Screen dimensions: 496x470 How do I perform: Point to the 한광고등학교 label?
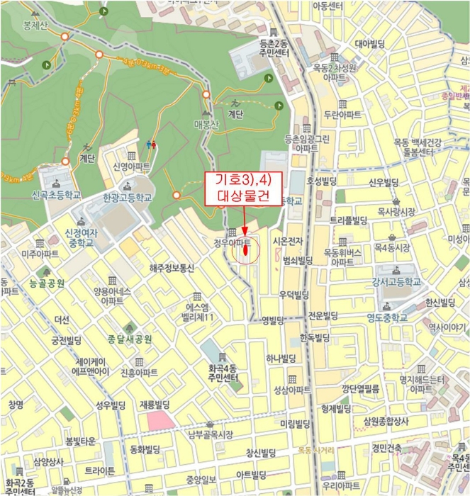point(128,199)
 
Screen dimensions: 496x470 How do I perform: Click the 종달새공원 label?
point(130,339)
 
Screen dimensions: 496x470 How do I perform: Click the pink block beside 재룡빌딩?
point(160,420)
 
